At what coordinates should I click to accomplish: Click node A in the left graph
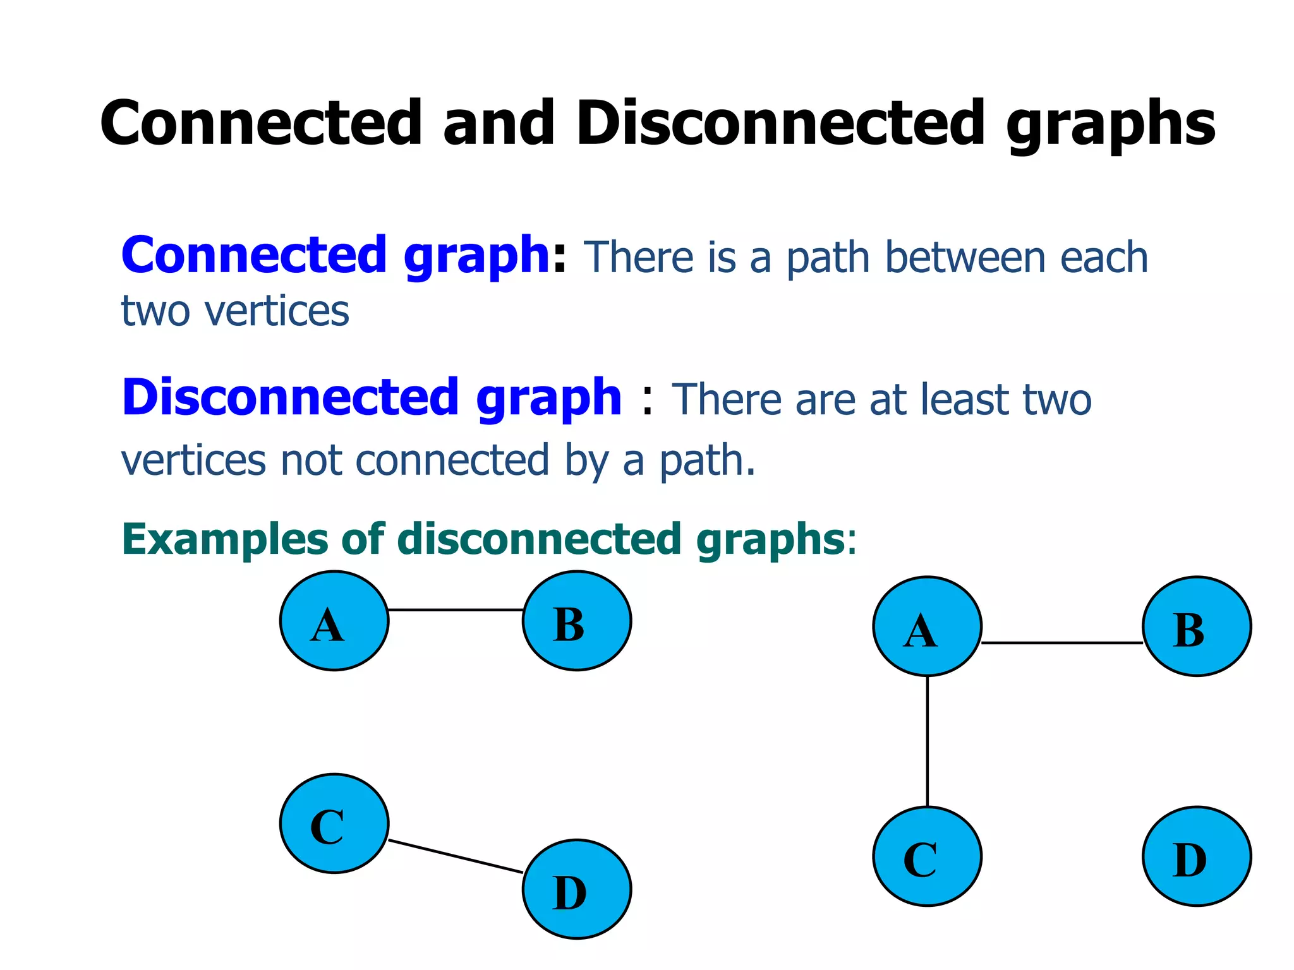[x=334, y=621]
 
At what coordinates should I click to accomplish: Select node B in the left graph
[x=577, y=621]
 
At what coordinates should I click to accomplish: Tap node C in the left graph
[x=334, y=823]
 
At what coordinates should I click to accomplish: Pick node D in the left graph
[x=577, y=889]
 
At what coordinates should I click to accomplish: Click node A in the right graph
[x=928, y=626]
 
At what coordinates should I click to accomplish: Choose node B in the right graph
[x=1197, y=626]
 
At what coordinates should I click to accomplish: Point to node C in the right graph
[x=928, y=856]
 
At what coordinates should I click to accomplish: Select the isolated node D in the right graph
[x=1197, y=856]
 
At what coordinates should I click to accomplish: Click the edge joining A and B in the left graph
[x=456, y=610]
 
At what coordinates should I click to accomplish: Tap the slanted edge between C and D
[x=456, y=857]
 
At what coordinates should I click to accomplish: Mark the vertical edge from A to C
[x=928, y=741]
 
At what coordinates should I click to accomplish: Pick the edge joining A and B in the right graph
[x=1062, y=643]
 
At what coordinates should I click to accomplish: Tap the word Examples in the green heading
[x=224, y=541]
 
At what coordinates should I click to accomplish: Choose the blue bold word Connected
[x=253, y=255]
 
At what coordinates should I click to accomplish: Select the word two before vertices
[x=155, y=311]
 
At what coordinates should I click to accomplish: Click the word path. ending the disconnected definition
[x=708, y=461]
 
